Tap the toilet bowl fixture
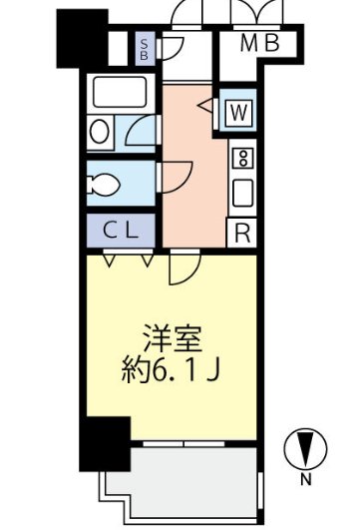(x=106, y=183)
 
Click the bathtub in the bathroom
(x=121, y=96)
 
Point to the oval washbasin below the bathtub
(x=100, y=133)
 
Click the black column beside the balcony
(x=104, y=442)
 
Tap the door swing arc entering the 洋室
(x=184, y=267)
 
